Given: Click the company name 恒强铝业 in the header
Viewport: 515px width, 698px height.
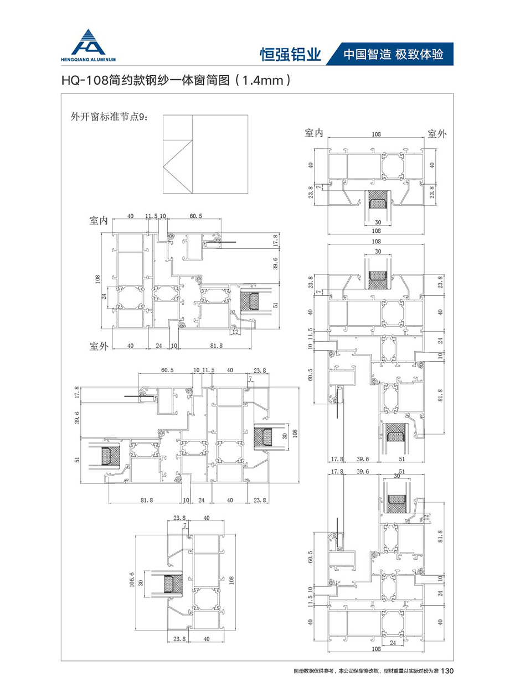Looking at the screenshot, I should pyautogui.click(x=291, y=54).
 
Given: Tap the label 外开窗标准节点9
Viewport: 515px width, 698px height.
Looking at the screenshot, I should pyautogui.click(x=107, y=117).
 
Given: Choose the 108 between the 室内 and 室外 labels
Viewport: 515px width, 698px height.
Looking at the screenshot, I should pyautogui.click(x=376, y=134).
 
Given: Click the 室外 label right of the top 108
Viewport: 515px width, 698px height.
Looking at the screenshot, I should pyautogui.click(x=437, y=133).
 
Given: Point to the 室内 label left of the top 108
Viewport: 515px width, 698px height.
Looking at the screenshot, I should pyautogui.click(x=314, y=133).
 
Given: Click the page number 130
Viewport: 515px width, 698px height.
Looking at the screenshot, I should pyautogui.click(x=448, y=671).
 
